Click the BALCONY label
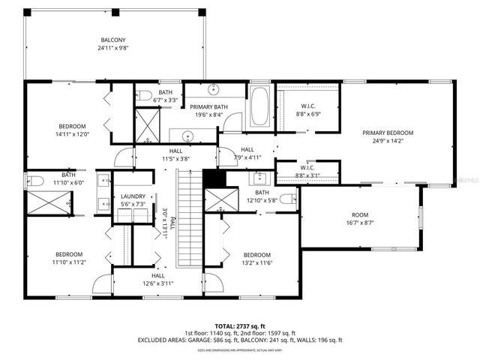pyautogui.click(x=113, y=40)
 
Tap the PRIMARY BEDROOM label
pyautogui.click(x=388, y=133)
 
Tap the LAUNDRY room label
pyautogui.click(x=133, y=196)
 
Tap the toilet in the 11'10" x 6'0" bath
pyautogui.click(x=34, y=180)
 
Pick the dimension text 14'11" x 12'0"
pyautogui.click(x=73, y=135)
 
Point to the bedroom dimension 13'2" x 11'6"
pyautogui.click(x=256, y=263)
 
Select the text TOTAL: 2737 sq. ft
pyautogui.click(x=239, y=325)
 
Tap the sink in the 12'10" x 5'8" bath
pyautogui.click(x=260, y=178)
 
